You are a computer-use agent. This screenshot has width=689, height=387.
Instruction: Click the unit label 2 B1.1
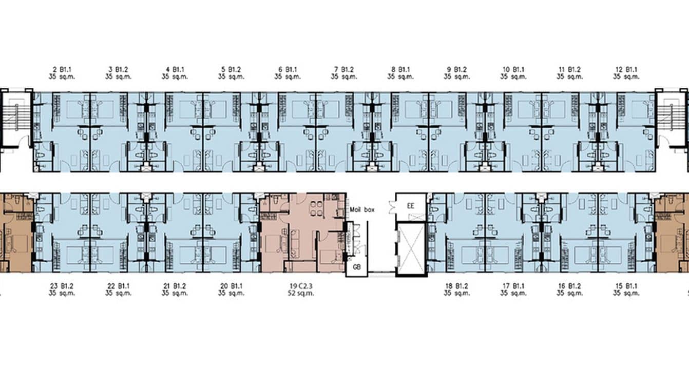62,69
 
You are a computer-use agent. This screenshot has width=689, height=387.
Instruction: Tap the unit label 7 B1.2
344,69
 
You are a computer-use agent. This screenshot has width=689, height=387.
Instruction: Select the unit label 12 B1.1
626,69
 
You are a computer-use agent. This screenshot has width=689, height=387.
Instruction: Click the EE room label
410,206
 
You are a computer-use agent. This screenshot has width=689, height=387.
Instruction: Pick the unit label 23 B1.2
62,285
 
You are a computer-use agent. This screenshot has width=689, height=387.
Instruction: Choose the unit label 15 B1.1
626,285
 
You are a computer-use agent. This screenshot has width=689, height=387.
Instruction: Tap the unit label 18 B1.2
457,285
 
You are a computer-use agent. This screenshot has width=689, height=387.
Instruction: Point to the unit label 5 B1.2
231,69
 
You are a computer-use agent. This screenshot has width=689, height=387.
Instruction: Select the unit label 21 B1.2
175,285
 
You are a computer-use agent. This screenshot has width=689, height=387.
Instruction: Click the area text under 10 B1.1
513,77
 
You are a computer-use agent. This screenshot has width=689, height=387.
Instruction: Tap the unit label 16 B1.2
570,285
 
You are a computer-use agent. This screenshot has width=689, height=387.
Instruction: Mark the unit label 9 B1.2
457,69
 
